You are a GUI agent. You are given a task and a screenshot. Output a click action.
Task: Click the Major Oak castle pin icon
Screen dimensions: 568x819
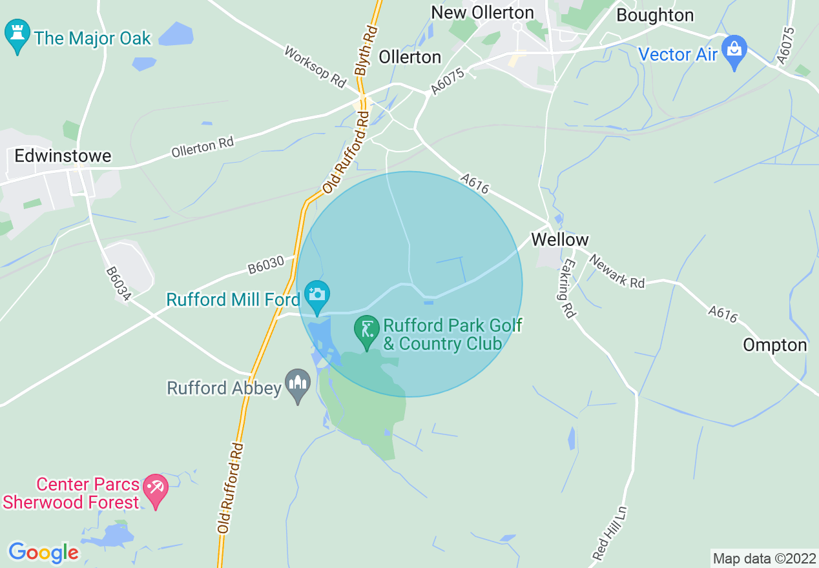coord(17,36)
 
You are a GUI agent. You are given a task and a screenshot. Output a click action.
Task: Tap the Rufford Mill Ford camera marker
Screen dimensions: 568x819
coord(316,296)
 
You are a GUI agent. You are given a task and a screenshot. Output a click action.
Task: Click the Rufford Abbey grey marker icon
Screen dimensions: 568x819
coord(298,385)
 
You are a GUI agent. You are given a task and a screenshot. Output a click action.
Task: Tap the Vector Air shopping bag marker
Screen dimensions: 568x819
coord(734,51)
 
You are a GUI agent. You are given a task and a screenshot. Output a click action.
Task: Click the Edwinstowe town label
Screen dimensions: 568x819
coord(63,156)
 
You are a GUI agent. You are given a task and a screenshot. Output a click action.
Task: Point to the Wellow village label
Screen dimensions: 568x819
coord(560,239)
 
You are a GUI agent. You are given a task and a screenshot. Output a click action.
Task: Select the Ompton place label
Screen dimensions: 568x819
coord(775,345)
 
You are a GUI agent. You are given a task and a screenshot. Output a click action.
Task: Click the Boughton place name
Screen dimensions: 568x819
coord(655,15)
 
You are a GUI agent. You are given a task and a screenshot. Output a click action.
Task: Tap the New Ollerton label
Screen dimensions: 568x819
coord(482,12)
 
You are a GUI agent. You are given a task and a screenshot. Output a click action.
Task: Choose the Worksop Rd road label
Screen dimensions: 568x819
coord(316,67)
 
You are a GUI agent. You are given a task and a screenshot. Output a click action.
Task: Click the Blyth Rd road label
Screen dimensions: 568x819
coord(366,51)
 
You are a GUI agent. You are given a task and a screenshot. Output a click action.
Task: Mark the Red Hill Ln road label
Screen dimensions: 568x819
coord(610,532)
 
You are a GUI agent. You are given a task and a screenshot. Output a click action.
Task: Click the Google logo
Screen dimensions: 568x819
coord(43,553)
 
